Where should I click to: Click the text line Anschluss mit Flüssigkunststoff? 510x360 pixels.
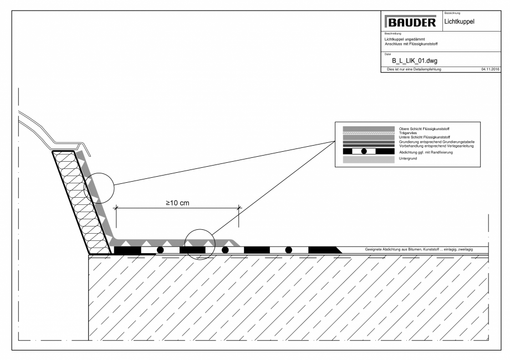[405, 43]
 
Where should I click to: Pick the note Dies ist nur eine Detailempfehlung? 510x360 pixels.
[409, 69]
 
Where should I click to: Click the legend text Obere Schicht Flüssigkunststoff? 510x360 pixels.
[422, 128]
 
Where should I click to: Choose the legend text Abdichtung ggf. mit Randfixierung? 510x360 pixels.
[426, 151]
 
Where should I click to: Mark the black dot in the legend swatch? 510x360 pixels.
[364, 151]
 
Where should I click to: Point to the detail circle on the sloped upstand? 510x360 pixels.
[99, 188]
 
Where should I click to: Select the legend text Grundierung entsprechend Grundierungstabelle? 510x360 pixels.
[433, 141]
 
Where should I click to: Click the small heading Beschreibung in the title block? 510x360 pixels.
[385, 34]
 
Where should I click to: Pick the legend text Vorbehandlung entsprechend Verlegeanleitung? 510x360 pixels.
[432, 145]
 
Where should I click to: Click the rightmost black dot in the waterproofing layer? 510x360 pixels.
[289, 250]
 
